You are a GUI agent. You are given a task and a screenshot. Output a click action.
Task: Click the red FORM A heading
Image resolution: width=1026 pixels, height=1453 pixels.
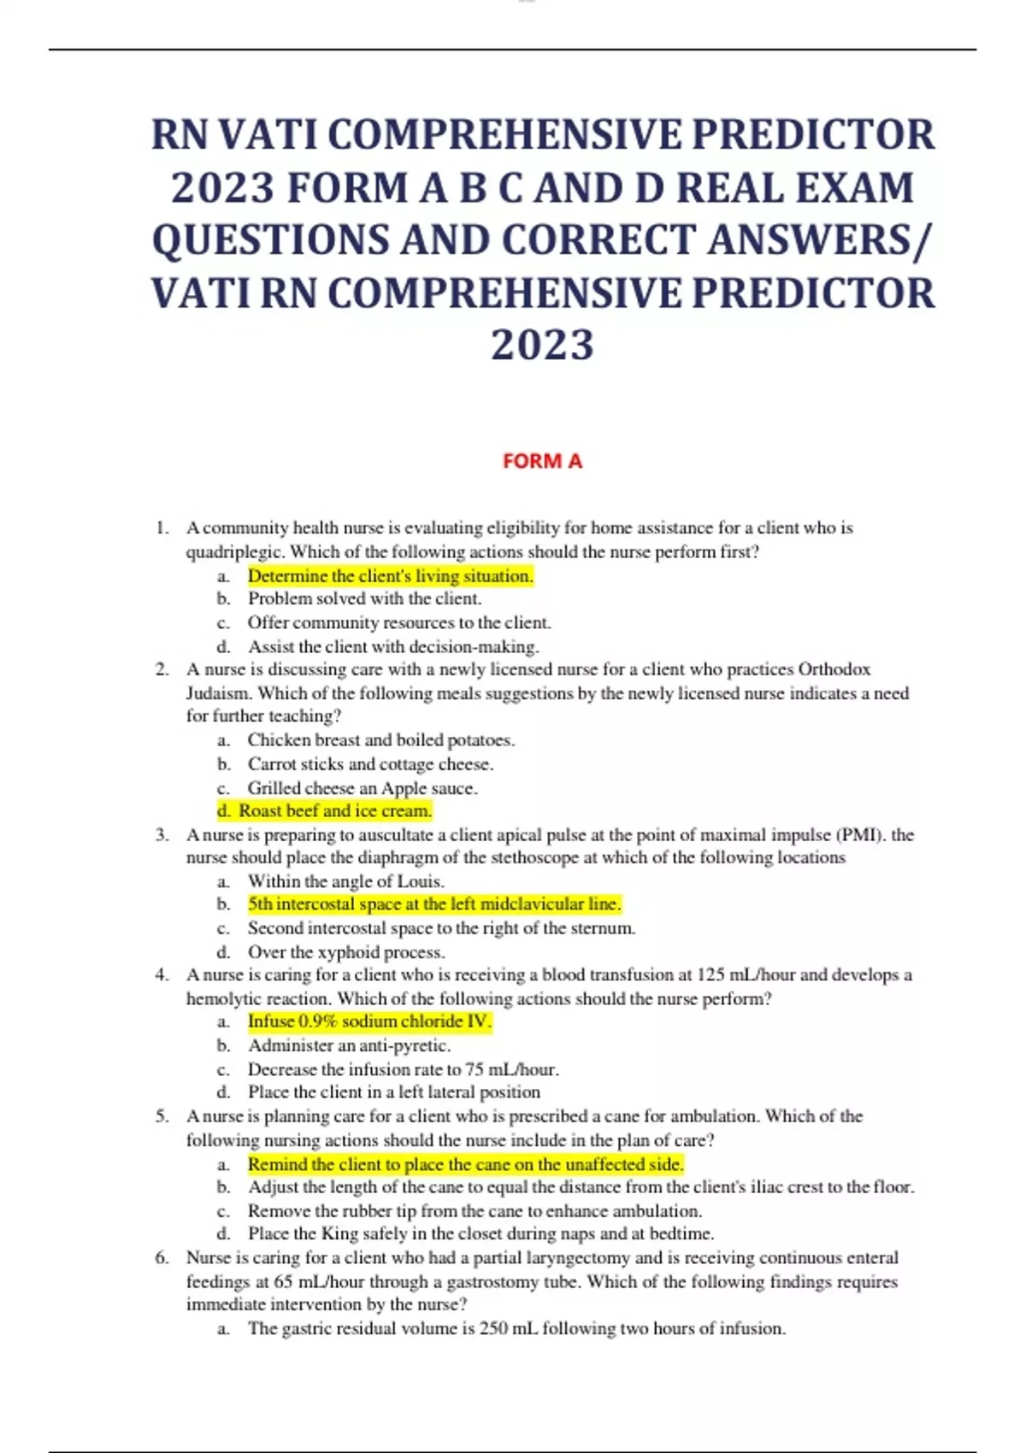pyautogui.click(x=542, y=462)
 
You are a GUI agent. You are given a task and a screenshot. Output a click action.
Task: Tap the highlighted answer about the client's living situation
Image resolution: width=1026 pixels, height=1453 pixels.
pyautogui.click(x=390, y=576)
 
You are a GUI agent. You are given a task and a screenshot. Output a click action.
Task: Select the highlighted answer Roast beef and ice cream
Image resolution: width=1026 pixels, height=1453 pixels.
pyautogui.click(x=334, y=810)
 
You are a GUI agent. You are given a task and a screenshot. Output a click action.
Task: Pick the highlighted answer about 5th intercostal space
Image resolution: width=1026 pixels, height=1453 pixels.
pyautogui.click(x=433, y=903)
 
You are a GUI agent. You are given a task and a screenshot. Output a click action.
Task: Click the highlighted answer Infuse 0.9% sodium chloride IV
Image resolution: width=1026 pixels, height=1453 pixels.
pyautogui.click(x=369, y=1021)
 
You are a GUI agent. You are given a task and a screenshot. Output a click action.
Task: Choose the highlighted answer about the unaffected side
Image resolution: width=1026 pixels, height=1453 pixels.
pyautogui.click(x=465, y=1164)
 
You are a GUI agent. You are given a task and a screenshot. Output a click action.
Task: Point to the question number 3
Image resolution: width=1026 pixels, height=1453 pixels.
pyautogui.click(x=162, y=835)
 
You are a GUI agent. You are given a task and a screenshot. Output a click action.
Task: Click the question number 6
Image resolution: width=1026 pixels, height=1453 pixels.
pyautogui.click(x=162, y=1258)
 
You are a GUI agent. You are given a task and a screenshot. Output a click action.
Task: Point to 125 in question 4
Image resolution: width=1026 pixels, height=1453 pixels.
pyautogui.click(x=711, y=975)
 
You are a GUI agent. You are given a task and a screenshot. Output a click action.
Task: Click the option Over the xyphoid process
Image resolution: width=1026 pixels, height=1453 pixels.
pyautogui.click(x=346, y=952)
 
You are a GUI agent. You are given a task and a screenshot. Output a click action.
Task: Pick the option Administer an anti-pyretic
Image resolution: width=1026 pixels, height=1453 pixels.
pyautogui.click(x=349, y=1045)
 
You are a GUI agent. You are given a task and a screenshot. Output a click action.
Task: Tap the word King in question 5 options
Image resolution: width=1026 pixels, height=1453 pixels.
pyautogui.click(x=339, y=1233)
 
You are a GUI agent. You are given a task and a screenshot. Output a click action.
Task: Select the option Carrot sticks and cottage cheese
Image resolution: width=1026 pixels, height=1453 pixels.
pyautogui.click(x=370, y=764)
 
